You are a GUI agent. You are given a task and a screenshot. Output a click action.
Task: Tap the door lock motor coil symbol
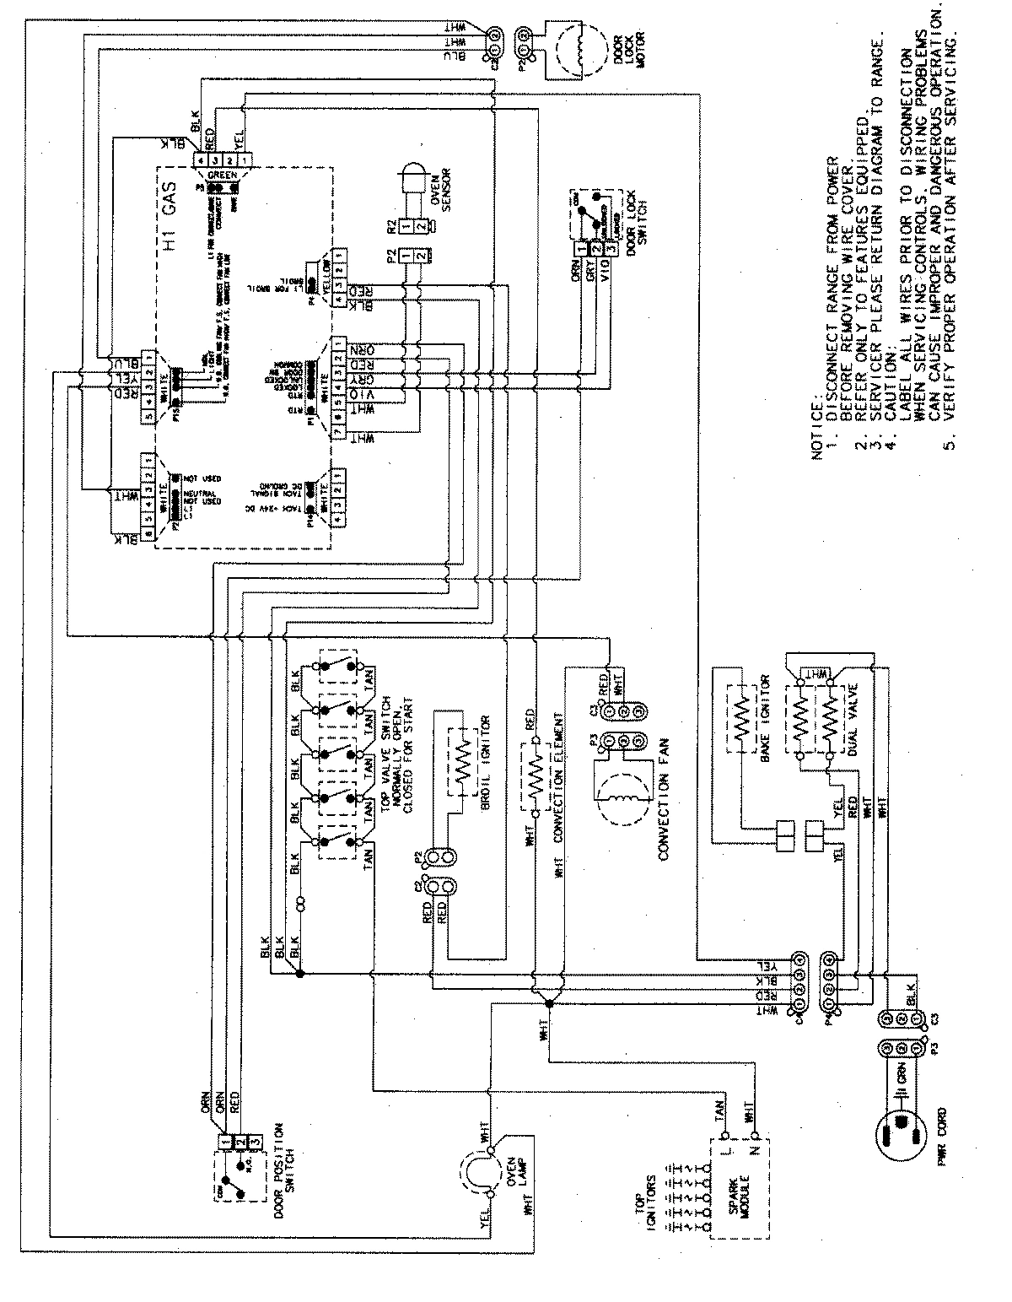pyautogui.click(x=577, y=48)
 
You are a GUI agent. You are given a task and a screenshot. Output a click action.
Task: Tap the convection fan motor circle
pyautogui.click(x=622, y=798)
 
